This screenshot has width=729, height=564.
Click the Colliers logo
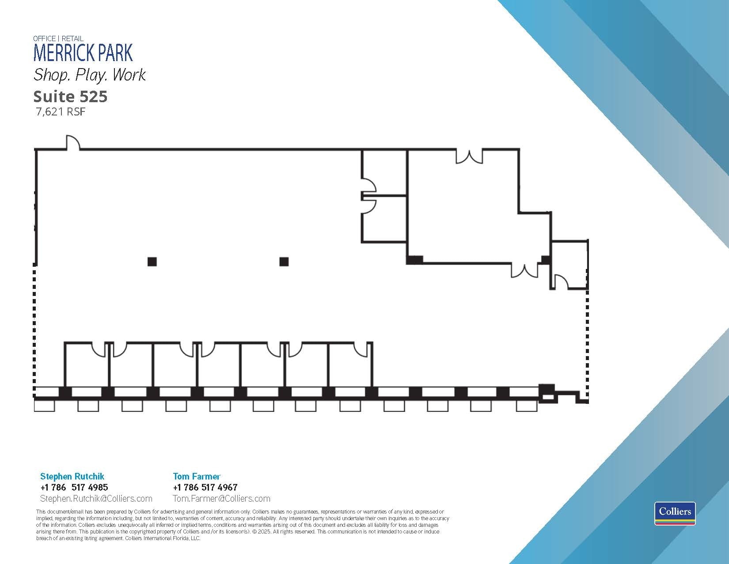click(x=675, y=513)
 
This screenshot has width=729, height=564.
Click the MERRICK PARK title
click(x=83, y=53)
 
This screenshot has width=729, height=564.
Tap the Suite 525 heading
click(x=70, y=96)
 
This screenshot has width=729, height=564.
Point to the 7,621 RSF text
click(x=61, y=112)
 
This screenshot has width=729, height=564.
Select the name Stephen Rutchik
click(x=72, y=476)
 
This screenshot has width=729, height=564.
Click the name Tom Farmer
click(x=196, y=476)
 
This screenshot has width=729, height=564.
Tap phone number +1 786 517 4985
click(x=74, y=487)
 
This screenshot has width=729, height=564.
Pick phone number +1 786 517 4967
click(x=205, y=487)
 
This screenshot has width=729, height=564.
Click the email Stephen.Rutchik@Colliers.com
click(x=96, y=499)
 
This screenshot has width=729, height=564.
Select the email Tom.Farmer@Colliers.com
click(x=221, y=499)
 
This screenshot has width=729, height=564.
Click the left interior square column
click(x=152, y=261)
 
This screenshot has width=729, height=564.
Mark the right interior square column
click(x=284, y=261)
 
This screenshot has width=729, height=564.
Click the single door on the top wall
click(x=72, y=143)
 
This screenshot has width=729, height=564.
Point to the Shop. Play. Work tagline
click(x=89, y=75)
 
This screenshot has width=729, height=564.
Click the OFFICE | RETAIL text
click(x=58, y=38)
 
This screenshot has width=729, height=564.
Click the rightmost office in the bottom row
click(x=350, y=365)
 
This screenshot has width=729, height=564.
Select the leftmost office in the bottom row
click(x=87, y=365)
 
